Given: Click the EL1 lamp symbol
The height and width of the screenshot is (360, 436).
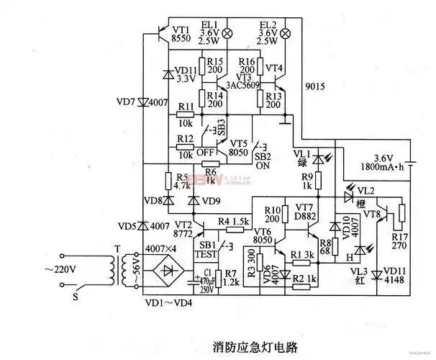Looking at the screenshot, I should pos(230,33).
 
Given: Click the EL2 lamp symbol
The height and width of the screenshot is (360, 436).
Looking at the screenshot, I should pos(286,33).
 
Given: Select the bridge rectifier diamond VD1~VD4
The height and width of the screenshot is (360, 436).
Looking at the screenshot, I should pos(169,272).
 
